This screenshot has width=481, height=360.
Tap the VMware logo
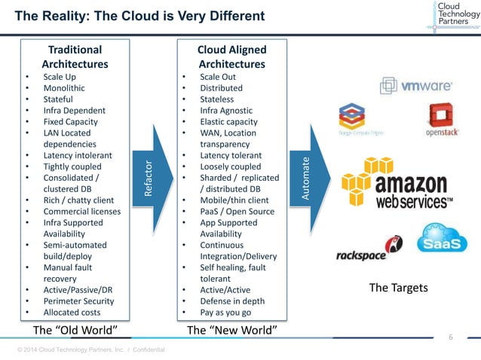pos(415,86)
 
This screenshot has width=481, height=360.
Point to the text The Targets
pos(398,288)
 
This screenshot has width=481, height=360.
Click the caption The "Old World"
pos(75,331)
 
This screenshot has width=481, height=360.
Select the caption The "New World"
pos(231,331)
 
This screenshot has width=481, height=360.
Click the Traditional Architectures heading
pos(75,56)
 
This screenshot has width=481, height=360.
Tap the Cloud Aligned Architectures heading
pos(231,56)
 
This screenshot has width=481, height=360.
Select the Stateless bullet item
pos(216,99)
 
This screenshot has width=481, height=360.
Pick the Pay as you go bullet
pos(225,312)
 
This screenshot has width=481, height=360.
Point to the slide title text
pos(140,16)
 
